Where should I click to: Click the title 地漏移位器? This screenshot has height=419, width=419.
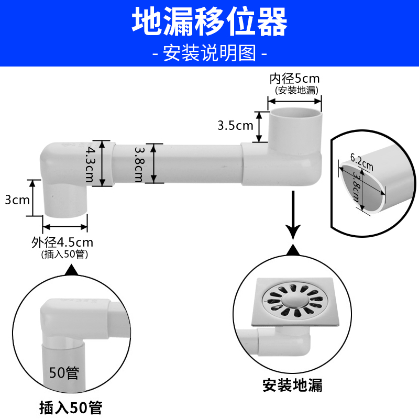(x=210, y=22)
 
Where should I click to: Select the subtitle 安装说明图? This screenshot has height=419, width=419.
(x=210, y=53)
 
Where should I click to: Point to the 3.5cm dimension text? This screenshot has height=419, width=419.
(x=235, y=126)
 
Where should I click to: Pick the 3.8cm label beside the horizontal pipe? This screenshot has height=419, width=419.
(x=139, y=163)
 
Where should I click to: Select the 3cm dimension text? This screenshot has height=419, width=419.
(x=17, y=199)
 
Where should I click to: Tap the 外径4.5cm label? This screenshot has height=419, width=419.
(x=62, y=242)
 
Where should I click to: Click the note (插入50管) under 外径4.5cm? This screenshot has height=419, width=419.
(x=64, y=255)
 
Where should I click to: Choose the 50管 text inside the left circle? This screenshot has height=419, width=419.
(x=64, y=373)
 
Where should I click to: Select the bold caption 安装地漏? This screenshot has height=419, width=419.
(x=293, y=386)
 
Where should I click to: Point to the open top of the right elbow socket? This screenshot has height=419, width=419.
(x=295, y=112)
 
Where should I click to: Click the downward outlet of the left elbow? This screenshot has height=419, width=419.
(x=65, y=207)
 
